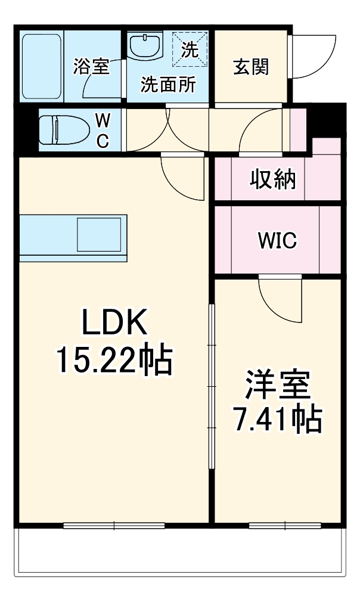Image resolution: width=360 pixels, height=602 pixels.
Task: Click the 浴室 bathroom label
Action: [91, 67]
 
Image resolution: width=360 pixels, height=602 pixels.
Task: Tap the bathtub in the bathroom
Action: [41, 67]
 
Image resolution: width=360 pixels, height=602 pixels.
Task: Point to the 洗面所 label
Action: [167, 85]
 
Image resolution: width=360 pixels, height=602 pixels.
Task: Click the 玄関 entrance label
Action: [250, 67]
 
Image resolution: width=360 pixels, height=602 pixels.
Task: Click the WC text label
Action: [103, 130]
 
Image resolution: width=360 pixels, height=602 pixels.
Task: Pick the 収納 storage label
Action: [272, 179]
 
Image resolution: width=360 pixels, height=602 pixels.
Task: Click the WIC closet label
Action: [277, 241]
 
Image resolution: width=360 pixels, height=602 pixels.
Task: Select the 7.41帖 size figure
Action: [277, 420]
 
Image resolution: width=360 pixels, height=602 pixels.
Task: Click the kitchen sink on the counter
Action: [100, 235]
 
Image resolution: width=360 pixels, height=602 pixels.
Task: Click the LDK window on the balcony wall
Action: [114, 525]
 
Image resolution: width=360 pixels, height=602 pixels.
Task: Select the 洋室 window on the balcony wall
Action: [285, 525]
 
